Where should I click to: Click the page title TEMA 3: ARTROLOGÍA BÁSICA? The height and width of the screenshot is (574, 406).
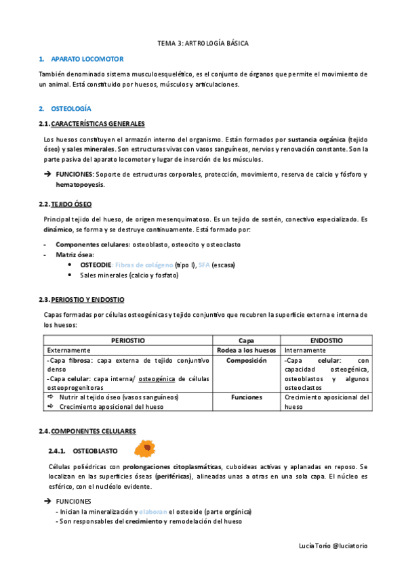pyautogui.click(x=203, y=43)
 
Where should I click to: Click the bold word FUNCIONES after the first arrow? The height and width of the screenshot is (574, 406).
pyautogui.click(x=75, y=174)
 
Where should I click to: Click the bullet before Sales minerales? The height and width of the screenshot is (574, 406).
pyautogui.click(x=70, y=275)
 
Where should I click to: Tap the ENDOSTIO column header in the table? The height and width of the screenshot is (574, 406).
pyautogui.click(x=326, y=340)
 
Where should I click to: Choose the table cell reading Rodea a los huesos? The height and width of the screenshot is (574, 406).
pyautogui.click(x=246, y=350)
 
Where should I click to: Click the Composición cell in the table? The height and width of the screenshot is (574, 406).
pyautogui.click(x=246, y=361)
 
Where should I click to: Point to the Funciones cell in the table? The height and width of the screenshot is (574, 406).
pyautogui.click(x=246, y=398)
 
